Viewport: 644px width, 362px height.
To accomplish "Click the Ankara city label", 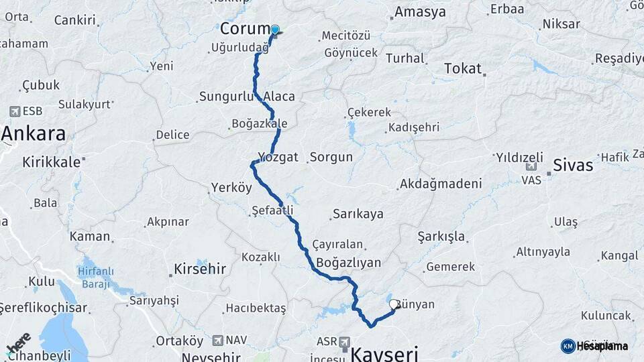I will click(x=34, y=133).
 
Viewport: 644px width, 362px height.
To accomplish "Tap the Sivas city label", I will click(x=573, y=165).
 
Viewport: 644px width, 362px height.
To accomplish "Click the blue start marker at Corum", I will click(x=274, y=29).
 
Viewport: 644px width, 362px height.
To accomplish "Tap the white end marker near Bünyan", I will click(x=394, y=304).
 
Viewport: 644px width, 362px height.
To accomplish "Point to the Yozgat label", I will click(x=278, y=157).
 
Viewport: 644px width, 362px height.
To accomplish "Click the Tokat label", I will click(x=463, y=68).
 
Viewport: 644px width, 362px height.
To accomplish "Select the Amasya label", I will click(x=420, y=12).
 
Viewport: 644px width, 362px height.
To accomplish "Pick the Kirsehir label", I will click(x=200, y=269).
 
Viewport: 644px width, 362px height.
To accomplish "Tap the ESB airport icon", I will click(x=15, y=111).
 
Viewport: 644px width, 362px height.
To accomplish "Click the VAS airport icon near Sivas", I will click(x=531, y=166).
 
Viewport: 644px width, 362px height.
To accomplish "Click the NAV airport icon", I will click(x=217, y=341).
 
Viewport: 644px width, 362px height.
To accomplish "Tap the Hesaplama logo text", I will click(x=602, y=346).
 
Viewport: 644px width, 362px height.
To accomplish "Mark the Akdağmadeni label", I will click(x=441, y=184).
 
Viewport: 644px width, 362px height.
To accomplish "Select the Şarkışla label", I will click(x=441, y=237).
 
